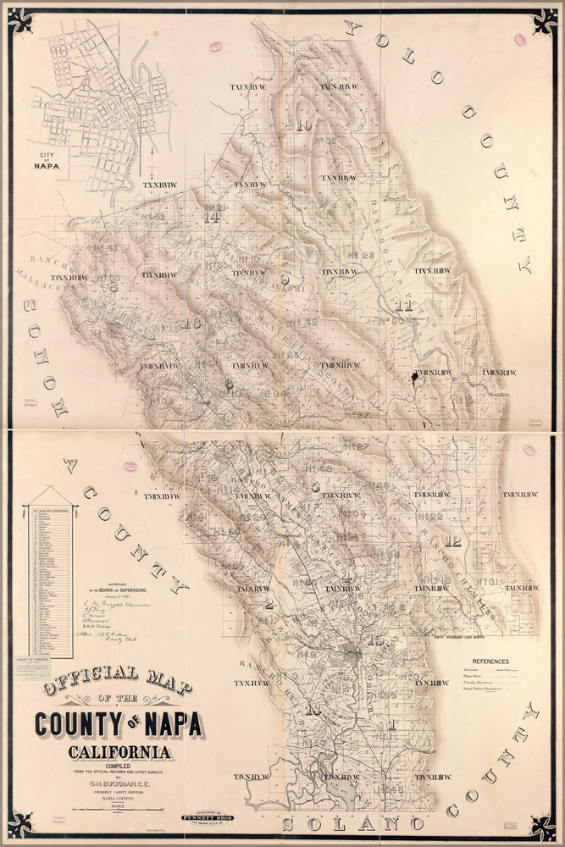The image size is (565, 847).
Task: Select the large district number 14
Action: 212,218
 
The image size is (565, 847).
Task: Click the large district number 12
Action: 454,542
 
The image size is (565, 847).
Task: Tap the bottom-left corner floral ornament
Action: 20,824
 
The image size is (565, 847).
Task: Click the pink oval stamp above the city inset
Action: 214,47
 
